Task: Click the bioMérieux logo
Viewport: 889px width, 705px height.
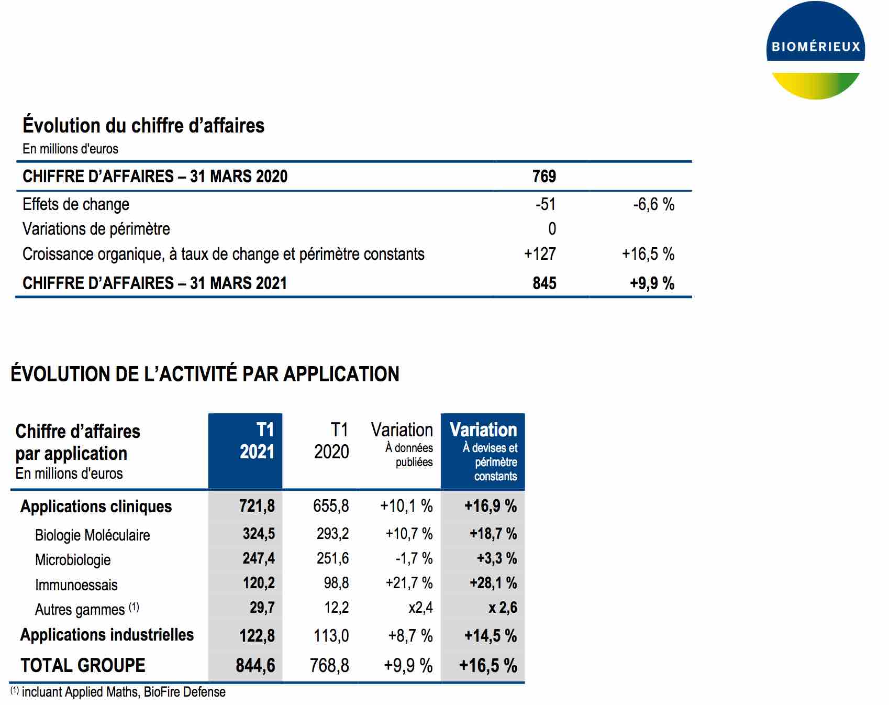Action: click(815, 50)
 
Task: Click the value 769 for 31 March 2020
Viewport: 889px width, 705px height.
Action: click(544, 177)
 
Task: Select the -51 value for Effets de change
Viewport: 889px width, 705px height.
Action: click(545, 204)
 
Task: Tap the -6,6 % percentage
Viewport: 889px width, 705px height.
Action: click(653, 204)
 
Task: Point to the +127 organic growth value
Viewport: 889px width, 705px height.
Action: click(540, 254)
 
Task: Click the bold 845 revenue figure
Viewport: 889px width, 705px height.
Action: click(544, 283)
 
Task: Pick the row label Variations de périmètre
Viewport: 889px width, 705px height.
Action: click(96, 229)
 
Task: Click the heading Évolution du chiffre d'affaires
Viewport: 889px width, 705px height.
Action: click(143, 126)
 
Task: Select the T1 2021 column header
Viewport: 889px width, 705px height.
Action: click(257, 441)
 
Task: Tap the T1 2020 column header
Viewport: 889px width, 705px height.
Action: click(331, 441)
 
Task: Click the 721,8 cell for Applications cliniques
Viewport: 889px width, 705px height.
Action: click(257, 506)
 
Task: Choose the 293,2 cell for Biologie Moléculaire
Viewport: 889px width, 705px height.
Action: click(332, 534)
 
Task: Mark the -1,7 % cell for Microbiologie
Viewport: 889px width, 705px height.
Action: click(414, 558)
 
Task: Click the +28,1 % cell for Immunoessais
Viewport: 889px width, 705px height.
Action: click(493, 583)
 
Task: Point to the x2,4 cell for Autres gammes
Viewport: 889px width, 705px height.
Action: click(420, 608)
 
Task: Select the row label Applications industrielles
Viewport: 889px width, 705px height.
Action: click(107, 635)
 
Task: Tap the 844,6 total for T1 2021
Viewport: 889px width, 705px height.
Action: click(255, 665)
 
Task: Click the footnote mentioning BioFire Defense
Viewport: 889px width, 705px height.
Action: click(118, 692)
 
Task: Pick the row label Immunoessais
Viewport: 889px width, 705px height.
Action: click(76, 585)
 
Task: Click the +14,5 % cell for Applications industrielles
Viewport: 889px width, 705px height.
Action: click(491, 636)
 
